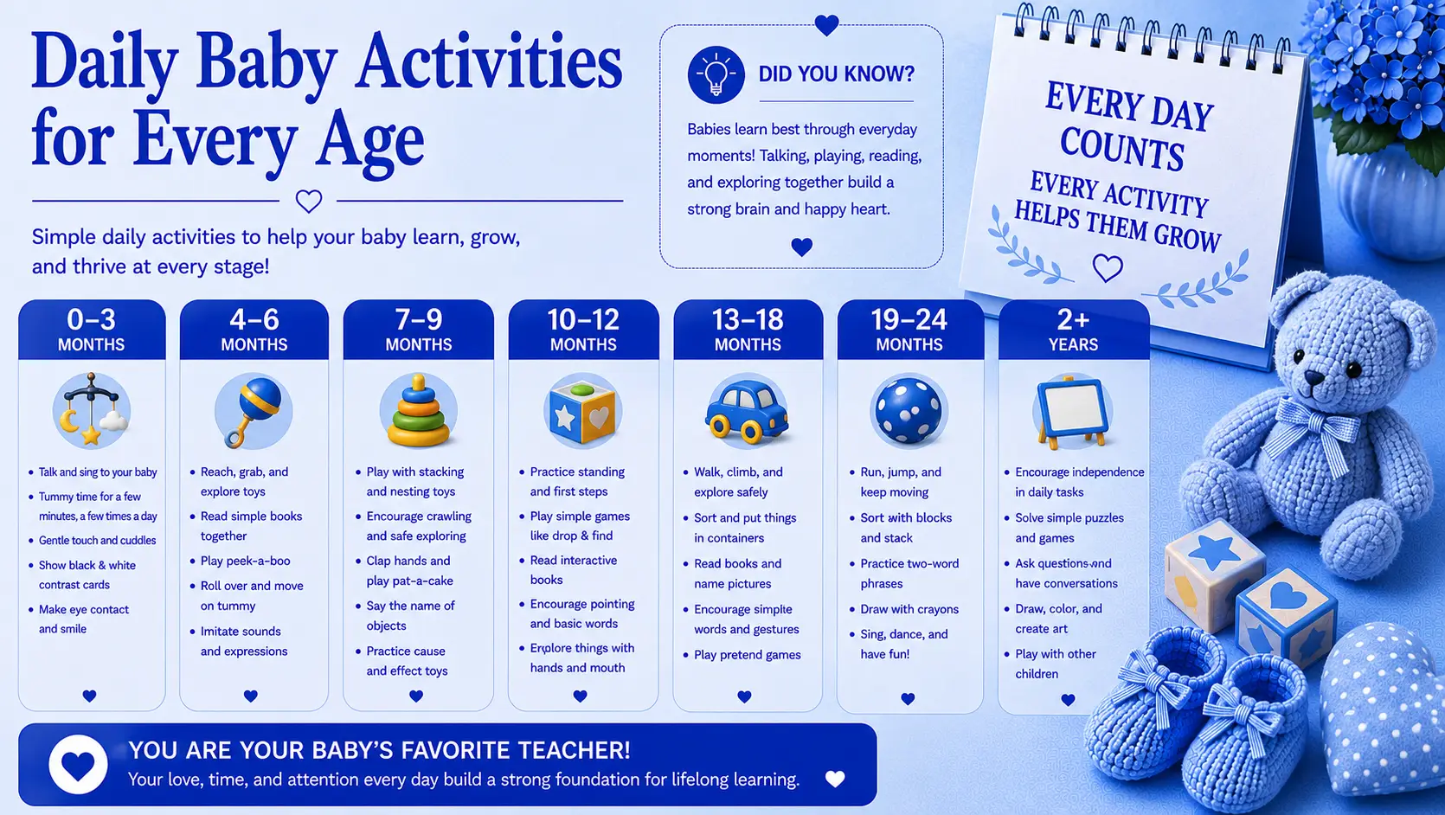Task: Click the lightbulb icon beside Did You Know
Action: click(716, 74)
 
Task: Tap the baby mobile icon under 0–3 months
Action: click(92, 410)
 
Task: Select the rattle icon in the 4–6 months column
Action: click(254, 411)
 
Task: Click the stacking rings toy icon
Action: click(418, 411)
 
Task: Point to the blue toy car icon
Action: click(747, 411)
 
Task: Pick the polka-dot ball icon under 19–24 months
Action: click(909, 411)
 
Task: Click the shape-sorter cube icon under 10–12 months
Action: click(582, 411)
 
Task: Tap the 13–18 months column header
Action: click(748, 330)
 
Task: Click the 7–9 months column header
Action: click(419, 330)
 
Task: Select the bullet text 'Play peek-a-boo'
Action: click(245, 561)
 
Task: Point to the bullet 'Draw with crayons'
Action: click(909, 609)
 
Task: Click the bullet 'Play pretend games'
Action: click(747, 655)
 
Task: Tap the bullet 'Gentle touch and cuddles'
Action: click(98, 541)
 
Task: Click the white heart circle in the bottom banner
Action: click(78, 764)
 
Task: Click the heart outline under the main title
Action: click(308, 202)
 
